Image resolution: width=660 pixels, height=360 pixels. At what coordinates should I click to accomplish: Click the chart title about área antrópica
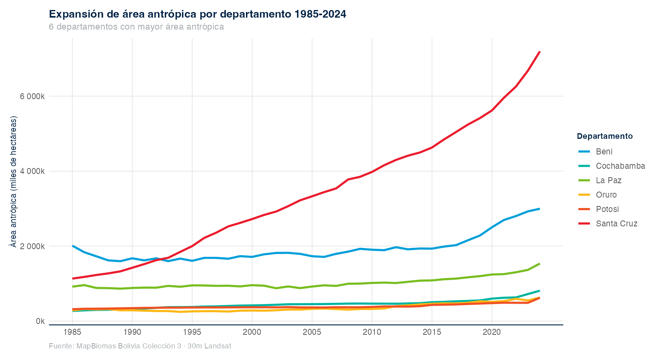point(197,14)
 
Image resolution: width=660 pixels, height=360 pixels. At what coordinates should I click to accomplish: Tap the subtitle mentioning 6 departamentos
point(136,27)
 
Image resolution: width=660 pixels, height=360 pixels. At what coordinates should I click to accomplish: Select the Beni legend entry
point(604,152)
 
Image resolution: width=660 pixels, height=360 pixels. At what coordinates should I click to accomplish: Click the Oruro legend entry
point(606,195)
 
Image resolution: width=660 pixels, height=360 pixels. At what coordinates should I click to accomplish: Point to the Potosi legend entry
point(607,209)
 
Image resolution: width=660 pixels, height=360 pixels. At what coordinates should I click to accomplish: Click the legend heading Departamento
point(604,136)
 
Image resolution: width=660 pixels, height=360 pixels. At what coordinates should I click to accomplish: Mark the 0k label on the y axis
point(40,321)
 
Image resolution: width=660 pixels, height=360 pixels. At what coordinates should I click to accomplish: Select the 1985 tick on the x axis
point(72,332)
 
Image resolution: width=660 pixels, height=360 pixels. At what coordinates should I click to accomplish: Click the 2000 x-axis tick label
point(252,332)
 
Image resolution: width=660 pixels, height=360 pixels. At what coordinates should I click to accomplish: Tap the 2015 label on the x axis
point(432,332)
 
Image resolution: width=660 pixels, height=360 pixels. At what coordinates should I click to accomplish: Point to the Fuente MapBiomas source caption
point(140,346)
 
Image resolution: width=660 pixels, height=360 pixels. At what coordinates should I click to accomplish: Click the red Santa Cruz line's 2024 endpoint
point(540,52)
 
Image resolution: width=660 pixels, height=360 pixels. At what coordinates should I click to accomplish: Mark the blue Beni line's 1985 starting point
point(72,246)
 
